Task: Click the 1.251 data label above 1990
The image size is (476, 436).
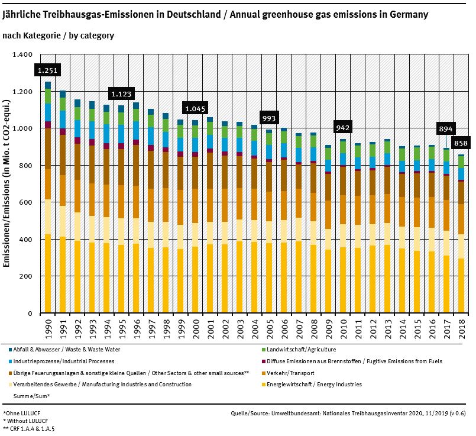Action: coord(47,70)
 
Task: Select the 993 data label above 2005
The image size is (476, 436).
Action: coord(269,117)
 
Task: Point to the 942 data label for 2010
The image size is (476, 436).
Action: coord(343,128)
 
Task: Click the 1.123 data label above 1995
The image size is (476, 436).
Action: coord(121,93)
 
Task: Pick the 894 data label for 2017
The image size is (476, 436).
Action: coord(446,129)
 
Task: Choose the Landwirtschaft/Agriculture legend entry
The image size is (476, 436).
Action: coord(302,350)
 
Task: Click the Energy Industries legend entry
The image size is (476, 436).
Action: coord(314,385)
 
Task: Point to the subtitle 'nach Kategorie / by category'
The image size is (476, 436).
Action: coord(59,35)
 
